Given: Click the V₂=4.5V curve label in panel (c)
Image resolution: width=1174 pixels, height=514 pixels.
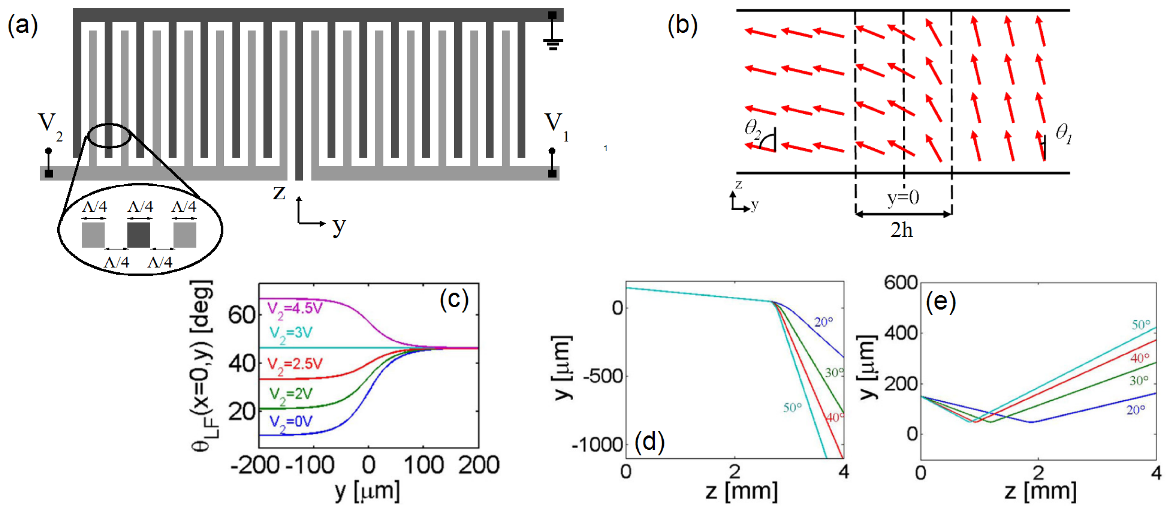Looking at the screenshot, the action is coord(294,309).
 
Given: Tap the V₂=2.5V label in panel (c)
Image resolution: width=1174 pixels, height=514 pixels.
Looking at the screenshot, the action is coord(294,365).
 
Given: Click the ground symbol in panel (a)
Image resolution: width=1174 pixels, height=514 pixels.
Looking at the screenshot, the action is coord(552,43).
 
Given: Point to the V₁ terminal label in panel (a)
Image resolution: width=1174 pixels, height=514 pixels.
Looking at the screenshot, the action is coord(557,125).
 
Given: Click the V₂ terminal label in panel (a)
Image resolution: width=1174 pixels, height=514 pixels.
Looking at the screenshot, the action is coord(50,125).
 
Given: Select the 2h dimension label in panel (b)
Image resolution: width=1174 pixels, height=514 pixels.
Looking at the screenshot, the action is coord(901,231).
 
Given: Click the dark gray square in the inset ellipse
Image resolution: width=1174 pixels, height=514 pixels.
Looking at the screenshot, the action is coord(139,235).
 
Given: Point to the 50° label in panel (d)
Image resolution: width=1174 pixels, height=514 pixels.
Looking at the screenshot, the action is coord(792,407).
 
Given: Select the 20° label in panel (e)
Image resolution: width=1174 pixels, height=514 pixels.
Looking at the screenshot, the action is coord(1135,410).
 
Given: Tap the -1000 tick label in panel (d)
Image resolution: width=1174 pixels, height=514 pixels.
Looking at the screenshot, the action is coord(597,445).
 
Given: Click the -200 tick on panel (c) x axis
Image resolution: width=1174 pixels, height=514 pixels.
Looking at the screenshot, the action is coord(255,466).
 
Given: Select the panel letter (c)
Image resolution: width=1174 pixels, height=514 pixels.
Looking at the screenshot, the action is coord(454,301).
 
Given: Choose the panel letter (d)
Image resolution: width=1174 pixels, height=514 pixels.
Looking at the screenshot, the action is coord(649,442).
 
